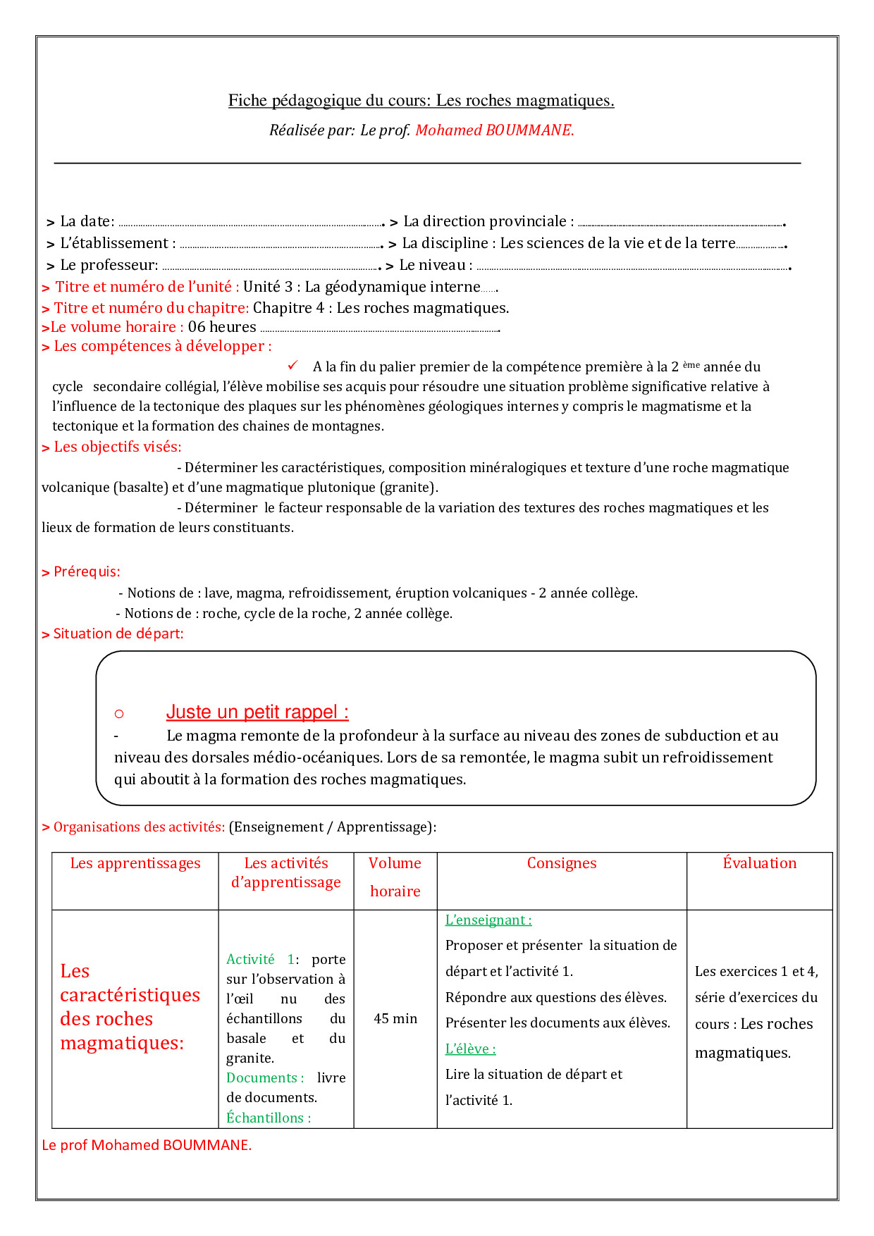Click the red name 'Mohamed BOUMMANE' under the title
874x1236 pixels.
click(494, 130)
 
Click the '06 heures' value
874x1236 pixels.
click(222, 327)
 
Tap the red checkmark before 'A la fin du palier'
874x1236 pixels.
click(293, 365)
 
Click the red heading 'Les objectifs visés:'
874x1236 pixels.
click(117, 447)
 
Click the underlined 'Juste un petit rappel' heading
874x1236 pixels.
click(257, 712)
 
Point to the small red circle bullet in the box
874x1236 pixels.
click(119, 714)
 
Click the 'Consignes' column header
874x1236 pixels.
click(562, 863)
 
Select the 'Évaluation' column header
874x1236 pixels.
click(759, 863)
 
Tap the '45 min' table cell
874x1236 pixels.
click(395, 1019)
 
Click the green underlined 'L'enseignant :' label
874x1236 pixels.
click(488, 920)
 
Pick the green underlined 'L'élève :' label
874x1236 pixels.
click(470, 1049)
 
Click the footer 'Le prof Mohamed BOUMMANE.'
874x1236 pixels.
click(147, 1145)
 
